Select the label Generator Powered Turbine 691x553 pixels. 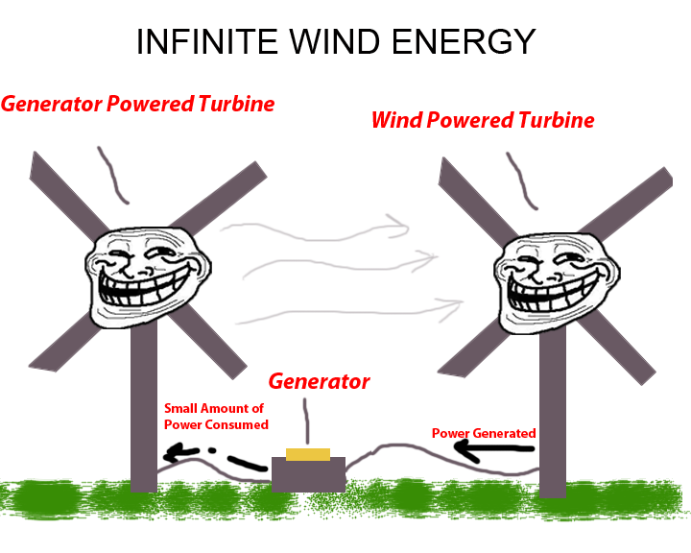pos(138,104)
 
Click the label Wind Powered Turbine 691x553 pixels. pos(483,121)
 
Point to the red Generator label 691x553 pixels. pos(319,381)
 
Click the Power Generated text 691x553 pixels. pos(484,434)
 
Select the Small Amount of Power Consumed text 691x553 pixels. pos(215,417)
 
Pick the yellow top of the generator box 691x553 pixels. pos(308,454)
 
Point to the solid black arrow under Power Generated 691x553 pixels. pos(495,450)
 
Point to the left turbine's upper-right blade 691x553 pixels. pos(226,197)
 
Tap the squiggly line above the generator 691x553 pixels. pos(307,422)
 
